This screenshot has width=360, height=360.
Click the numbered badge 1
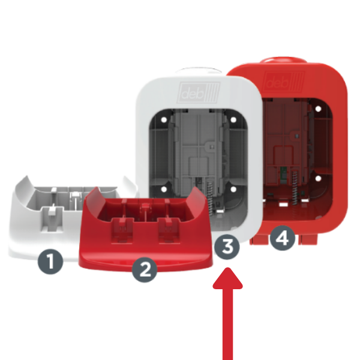point(50,262)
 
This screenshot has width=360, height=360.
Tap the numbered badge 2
point(145,270)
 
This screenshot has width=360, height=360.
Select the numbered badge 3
point(227,247)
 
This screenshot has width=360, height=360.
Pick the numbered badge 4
point(282,238)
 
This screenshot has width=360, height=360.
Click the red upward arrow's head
point(227,278)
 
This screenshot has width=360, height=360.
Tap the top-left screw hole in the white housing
point(164,119)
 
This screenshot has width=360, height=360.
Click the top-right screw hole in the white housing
point(233,119)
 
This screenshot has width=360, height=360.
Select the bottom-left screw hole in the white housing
point(164,189)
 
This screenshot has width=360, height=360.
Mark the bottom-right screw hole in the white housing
point(233,189)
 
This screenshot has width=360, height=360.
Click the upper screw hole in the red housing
point(318,109)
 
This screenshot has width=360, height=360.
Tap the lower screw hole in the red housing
point(318,178)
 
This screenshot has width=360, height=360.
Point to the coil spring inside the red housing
point(295,187)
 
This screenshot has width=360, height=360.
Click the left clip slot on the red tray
point(122,230)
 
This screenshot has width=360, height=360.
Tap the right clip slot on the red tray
point(169,230)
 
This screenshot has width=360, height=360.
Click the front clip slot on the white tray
point(52,218)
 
